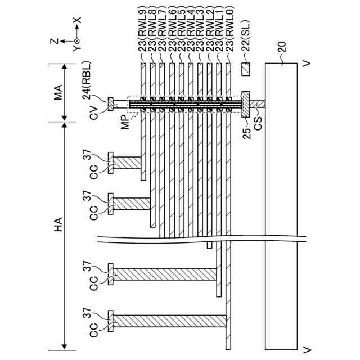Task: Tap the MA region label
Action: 58,91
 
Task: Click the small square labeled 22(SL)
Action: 245,71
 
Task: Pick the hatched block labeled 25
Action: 245,104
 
